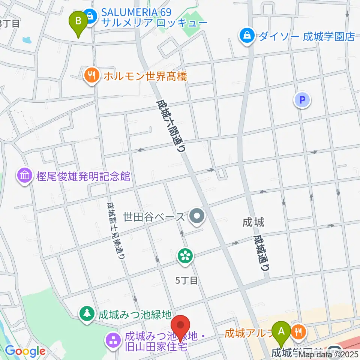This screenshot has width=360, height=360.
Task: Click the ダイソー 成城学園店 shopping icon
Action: [247, 36]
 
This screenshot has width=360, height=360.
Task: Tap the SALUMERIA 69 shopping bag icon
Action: [90, 16]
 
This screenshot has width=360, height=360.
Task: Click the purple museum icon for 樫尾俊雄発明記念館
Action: [25, 176]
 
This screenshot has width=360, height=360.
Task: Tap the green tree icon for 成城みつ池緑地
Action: [87, 313]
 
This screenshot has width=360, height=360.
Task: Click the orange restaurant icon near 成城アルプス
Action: [299, 331]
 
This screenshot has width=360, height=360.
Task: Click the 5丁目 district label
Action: [186, 280]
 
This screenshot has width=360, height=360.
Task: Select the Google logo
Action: [25, 351]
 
